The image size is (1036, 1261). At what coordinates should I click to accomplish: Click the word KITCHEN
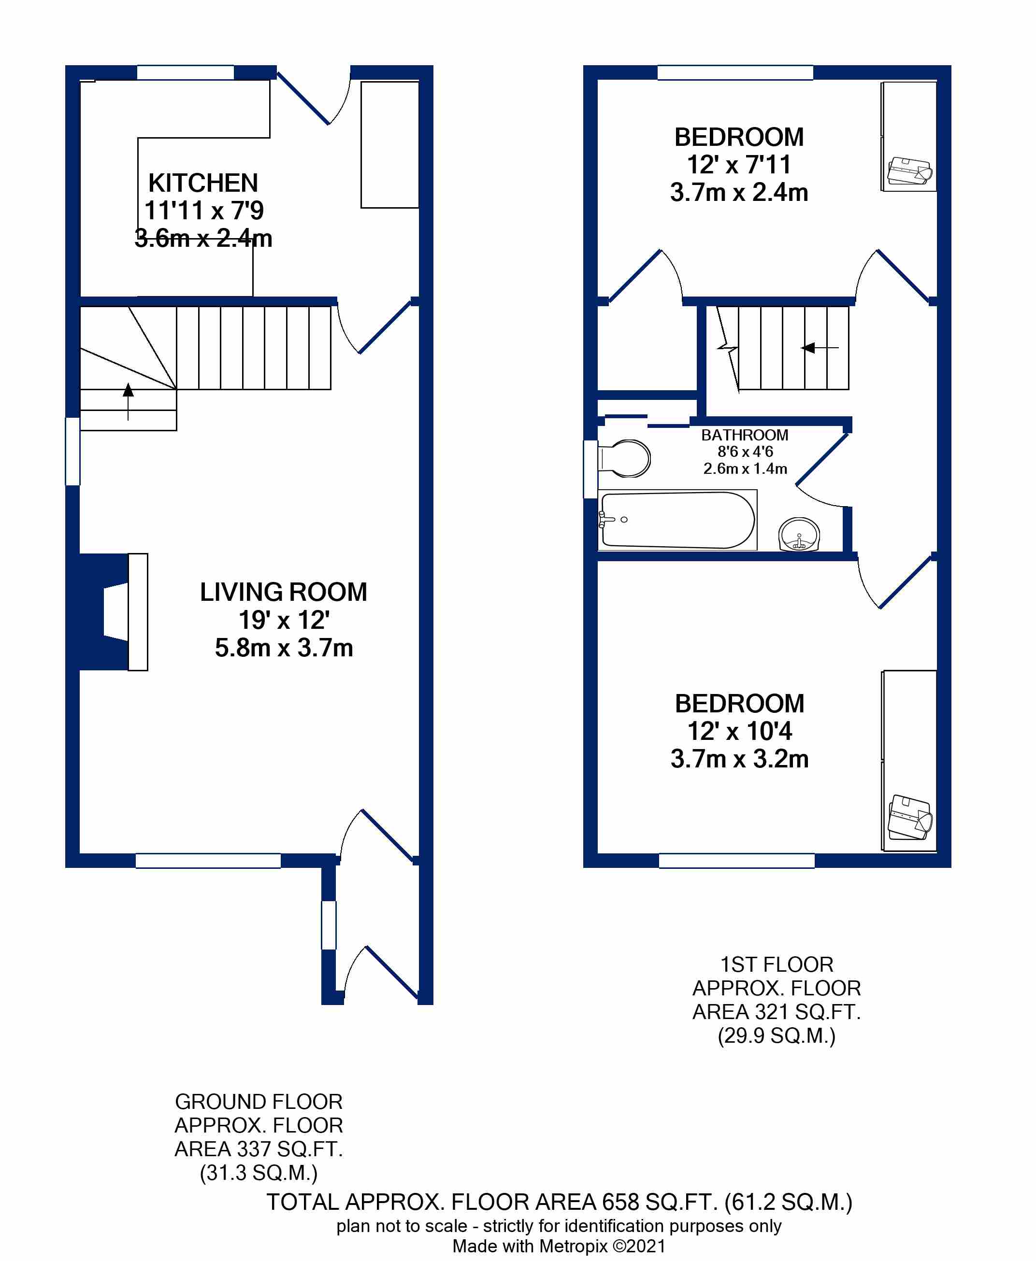coord(203,183)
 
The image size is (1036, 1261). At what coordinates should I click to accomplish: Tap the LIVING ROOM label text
coord(284,592)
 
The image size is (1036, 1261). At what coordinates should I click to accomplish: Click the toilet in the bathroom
coord(624,458)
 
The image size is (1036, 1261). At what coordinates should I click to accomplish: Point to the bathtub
coord(677,520)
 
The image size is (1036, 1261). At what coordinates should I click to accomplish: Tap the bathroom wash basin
coord(799,534)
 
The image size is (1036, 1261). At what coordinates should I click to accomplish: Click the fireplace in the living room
coord(114,611)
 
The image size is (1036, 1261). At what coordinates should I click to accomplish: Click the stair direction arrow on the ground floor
coord(129,401)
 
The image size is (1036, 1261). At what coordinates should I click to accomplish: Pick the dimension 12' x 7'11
coord(739,165)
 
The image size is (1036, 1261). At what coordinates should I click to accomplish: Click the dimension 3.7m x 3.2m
coord(739,759)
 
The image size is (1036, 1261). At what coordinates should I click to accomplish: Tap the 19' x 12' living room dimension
coord(284,621)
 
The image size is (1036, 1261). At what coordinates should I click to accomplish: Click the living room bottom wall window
coord(208,860)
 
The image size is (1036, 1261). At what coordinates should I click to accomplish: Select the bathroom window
coord(590,469)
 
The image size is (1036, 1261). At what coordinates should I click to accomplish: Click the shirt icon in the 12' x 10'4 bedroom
coord(909,817)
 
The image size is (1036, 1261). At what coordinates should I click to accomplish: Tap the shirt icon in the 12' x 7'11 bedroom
coord(910,172)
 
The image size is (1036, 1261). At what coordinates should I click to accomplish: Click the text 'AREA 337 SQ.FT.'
coord(259,1148)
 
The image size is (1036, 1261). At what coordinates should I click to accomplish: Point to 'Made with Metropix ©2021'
coord(559,1246)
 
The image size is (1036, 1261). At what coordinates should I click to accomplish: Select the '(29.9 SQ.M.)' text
coord(777,1035)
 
